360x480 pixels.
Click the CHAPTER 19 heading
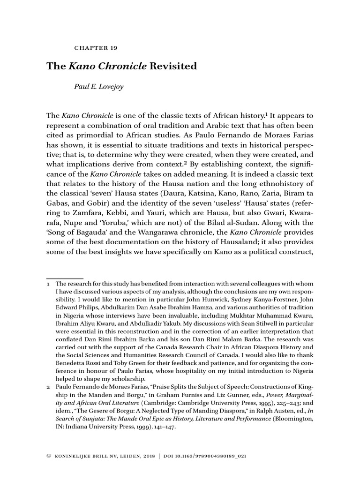pos(96,48)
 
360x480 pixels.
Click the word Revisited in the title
pos(173,66)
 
